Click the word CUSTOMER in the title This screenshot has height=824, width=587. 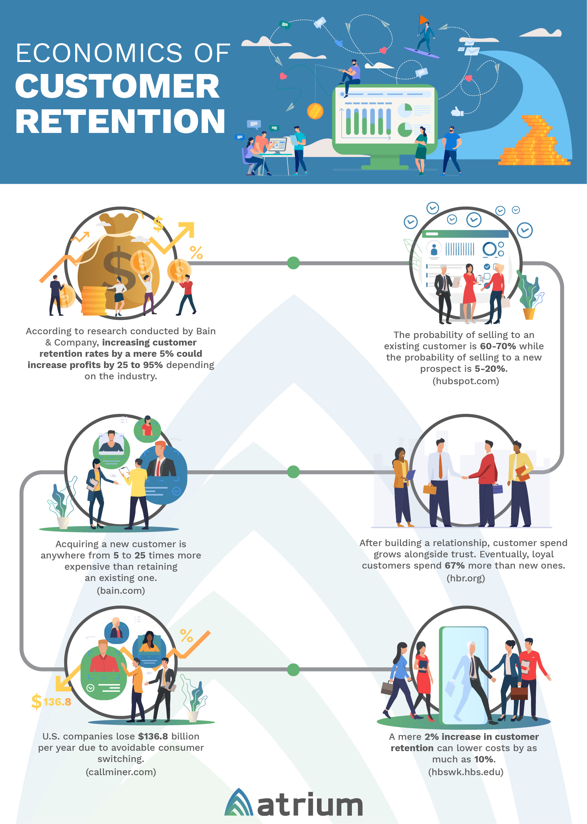click(x=117, y=86)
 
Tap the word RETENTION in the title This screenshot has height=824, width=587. click(x=120, y=121)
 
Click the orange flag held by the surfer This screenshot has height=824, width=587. click(x=423, y=19)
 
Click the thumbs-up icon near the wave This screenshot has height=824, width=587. click(x=457, y=112)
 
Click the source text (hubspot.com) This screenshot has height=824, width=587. click(x=466, y=381)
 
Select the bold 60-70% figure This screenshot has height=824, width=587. click(x=498, y=346)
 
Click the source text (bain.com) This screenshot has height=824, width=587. click(x=121, y=590)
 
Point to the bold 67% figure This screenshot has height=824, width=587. click(x=454, y=566)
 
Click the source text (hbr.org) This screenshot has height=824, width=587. click(x=466, y=578)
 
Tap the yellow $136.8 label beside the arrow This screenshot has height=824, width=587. click(x=52, y=702)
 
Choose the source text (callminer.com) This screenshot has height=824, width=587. click(x=121, y=772)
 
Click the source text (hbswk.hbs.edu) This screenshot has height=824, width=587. click(x=466, y=772)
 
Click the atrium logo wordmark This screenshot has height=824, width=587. click(x=309, y=805)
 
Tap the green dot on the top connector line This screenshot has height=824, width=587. click(x=293, y=263)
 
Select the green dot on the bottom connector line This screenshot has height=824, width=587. click(x=293, y=669)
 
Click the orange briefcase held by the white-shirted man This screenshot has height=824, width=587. click(x=430, y=489)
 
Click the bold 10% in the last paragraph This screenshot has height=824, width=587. click(x=484, y=759)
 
